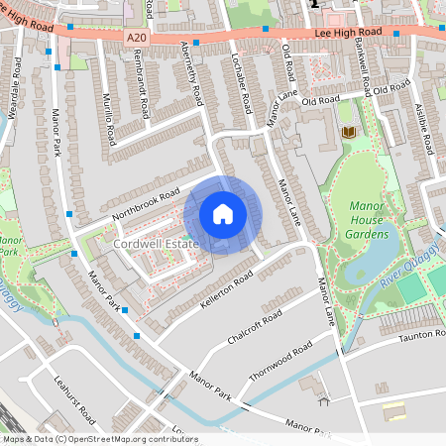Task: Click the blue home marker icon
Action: pos(223,214)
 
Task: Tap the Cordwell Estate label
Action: pos(156,243)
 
